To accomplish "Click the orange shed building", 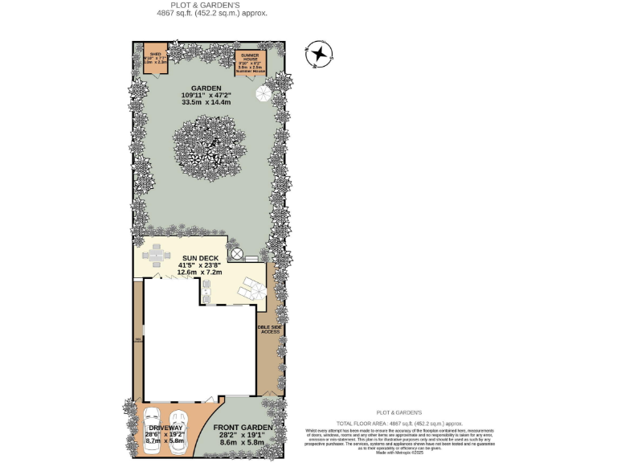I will pos(155,60).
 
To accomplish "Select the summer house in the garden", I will pos(250,63).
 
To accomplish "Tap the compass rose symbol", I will pos(320,54).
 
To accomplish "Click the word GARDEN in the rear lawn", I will pos(206,88).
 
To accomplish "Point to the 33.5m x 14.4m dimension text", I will pos(206,103).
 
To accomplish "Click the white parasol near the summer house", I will pos(264,94).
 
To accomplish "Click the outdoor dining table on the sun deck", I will pos(157,255).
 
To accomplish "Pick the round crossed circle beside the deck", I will pos(237,254).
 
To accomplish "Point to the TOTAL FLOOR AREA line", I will pos(399,422).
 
